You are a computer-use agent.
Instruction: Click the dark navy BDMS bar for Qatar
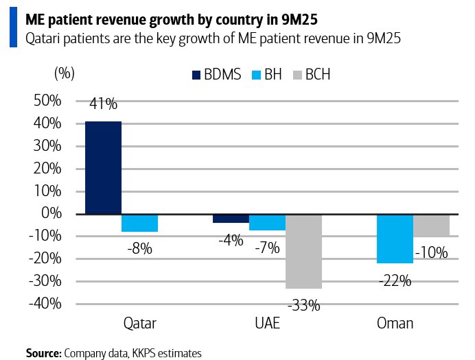tap(103, 167)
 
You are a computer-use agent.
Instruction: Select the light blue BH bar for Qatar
tap(139, 223)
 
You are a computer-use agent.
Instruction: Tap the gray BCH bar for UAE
tap(303, 251)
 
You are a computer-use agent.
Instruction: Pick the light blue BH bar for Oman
tap(395, 239)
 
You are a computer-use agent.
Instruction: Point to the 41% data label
tap(103, 104)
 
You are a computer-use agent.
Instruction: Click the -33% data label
tap(304, 305)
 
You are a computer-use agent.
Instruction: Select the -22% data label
tap(395, 280)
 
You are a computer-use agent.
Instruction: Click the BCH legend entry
tap(312, 75)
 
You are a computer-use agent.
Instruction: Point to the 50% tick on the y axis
tap(47, 101)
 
